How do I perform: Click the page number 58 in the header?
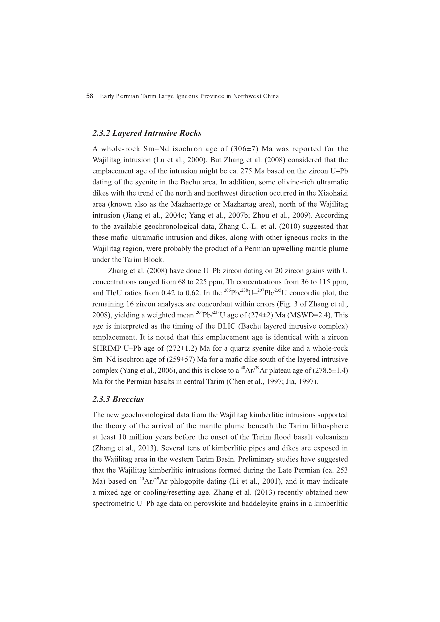[89, 96]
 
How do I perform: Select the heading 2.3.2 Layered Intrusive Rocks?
[147, 133]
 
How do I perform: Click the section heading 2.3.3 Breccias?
[118, 399]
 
